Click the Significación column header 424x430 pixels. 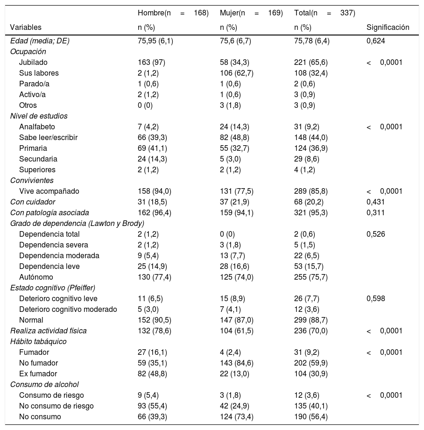(388, 28)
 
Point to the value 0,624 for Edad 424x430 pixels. (376, 41)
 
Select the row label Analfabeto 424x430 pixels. (37, 127)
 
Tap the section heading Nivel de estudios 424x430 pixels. (39, 116)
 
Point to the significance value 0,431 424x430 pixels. (376, 202)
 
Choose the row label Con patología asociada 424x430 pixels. (46, 213)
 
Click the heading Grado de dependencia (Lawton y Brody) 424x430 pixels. (77, 224)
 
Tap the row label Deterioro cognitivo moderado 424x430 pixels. (68, 310)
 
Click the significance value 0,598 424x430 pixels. (376, 299)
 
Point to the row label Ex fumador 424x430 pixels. (38, 374)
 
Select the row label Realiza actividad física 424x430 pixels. (49, 331)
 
